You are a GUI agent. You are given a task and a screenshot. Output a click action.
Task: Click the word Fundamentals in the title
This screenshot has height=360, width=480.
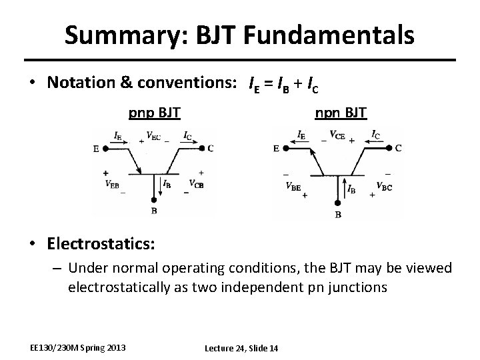point(323,34)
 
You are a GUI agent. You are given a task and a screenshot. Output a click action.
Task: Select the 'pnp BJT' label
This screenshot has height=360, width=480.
point(154,111)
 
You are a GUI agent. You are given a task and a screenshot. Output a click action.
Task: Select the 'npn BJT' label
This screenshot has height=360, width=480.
point(341,111)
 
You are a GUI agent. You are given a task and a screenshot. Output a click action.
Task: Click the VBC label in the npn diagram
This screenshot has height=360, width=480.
point(385,186)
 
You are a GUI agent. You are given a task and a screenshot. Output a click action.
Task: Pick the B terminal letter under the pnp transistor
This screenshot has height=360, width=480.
point(154,211)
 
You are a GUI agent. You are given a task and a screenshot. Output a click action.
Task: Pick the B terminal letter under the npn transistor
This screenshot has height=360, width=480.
point(338,215)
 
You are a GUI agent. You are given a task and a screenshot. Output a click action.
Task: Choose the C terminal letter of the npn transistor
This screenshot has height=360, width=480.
point(398,148)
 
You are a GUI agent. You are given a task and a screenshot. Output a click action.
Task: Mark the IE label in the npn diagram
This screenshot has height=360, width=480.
point(302,134)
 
